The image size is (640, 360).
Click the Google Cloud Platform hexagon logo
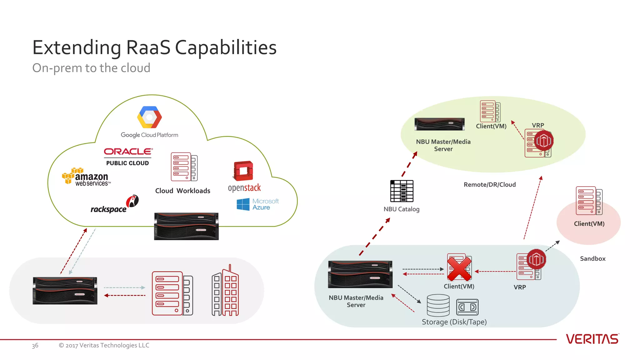pos(149,117)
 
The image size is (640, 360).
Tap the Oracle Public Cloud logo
pos(128,156)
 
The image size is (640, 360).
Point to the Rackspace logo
pos(114,205)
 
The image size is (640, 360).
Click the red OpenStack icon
pos(243,171)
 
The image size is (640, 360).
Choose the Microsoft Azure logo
pos(257,204)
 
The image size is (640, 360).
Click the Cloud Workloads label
pos(182,191)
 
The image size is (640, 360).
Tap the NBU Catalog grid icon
pos(402,191)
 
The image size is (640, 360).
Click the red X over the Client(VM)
pos(459,268)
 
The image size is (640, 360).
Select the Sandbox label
pos(592,258)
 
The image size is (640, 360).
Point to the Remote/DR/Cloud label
pos(489,184)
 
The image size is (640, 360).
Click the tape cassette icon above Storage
pos(467,307)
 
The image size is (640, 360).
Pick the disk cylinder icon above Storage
pos(438,305)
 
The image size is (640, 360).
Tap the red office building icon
pos(225,291)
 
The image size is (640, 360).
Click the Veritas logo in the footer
pos(592,339)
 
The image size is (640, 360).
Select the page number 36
pos(35,345)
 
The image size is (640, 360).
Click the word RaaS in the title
pos(148,47)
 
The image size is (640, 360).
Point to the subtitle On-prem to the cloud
pos(91,68)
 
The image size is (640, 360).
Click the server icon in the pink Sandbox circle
pos(589,201)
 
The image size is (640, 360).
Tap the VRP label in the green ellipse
pos(538,125)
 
